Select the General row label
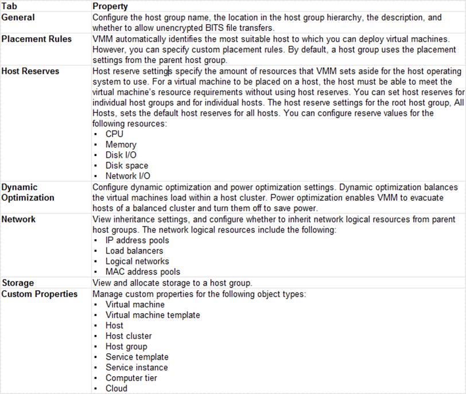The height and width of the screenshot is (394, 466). tap(18, 17)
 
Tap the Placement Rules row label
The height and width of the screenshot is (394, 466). tap(36, 39)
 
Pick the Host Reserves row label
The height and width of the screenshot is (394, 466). tap(30, 71)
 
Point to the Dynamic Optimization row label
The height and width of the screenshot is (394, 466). tap(28, 192)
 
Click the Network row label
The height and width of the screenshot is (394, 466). tap(18, 219)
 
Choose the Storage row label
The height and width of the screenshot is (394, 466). tap(18, 283)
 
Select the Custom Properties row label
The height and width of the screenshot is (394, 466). tap(40, 294)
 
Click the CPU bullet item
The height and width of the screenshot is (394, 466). tap(115, 134)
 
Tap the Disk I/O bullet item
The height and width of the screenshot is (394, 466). tap(121, 155)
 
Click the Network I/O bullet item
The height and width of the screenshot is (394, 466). tap(128, 176)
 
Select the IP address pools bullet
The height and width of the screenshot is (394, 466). tap(137, 240)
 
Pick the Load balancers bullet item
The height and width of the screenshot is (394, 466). tap(134, 251)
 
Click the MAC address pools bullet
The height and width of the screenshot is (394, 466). tap(143, 272)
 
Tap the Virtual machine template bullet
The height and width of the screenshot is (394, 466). tap(153, 315)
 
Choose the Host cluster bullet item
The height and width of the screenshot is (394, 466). tap(129, 336)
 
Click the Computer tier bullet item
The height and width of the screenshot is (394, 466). tap(131, 378)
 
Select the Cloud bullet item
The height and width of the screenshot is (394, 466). tap(116, 388)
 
